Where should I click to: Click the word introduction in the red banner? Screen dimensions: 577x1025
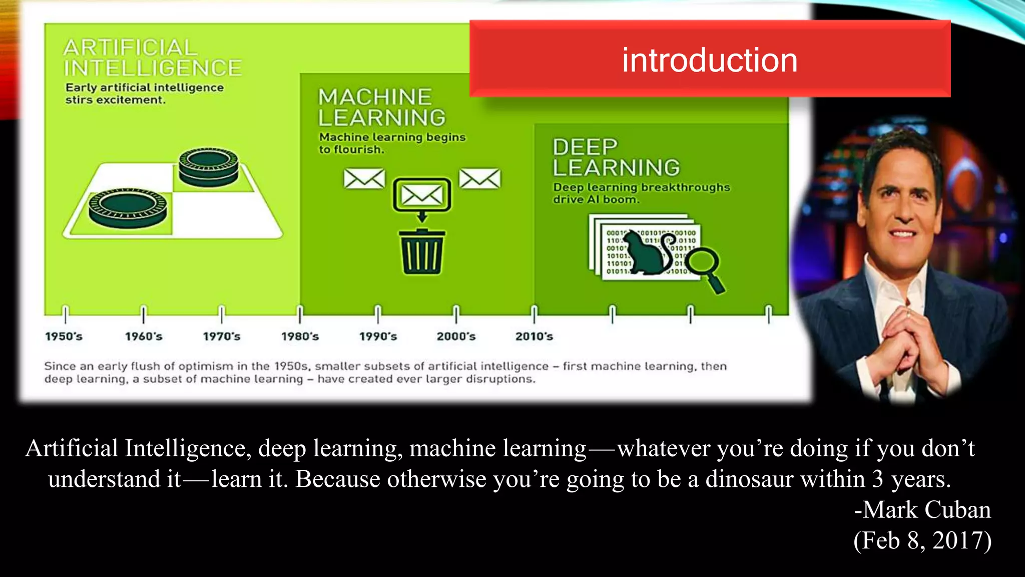[x=709, y=60]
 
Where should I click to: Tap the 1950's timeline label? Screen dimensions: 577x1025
[x=64, y=336]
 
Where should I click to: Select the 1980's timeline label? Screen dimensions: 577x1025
[x=300, y=336]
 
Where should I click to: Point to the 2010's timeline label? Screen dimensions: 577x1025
[x=534, y=336]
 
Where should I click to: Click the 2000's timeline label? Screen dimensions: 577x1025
[x=456, y=336]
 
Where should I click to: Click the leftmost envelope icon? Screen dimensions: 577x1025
[x=364, y=178]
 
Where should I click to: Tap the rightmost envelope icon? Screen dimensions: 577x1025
[x=479, y=178]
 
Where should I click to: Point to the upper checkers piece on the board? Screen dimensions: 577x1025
[x=209, y=166]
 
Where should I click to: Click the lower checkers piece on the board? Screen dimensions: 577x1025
[x=128, y=207]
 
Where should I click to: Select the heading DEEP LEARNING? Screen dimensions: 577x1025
[x=616, y=157]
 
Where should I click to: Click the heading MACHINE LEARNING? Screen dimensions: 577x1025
[x=381, y=107]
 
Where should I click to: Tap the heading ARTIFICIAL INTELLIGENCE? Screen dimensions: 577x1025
[x=152, y=58]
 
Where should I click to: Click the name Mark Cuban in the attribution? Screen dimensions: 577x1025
[x=926, y=510]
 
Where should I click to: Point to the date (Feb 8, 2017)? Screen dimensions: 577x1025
[x=922, y=540]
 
